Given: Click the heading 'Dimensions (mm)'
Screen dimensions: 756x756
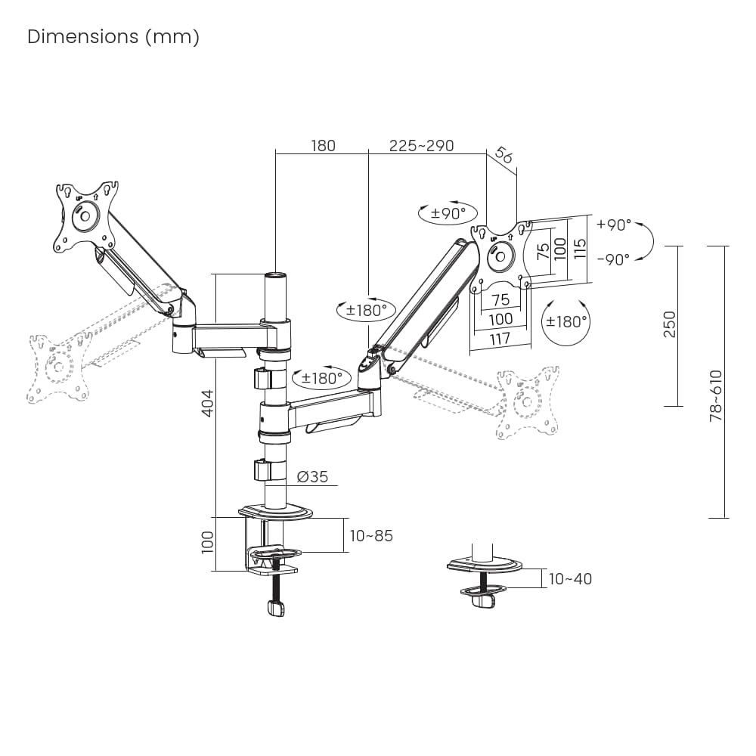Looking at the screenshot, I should click(x=113, y=37).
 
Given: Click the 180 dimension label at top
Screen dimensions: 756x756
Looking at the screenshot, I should click(x=323, y=145).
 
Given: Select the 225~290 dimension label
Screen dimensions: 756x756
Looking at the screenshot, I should click(x=422, y=145).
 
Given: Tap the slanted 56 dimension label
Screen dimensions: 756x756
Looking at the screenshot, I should click(x=503, y=155).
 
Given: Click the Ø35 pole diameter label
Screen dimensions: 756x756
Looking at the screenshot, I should click(x=312, y=477).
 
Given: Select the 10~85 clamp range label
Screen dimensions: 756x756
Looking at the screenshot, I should click(x=371, y=536).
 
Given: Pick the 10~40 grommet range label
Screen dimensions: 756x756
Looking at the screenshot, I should click(x=570, y=579).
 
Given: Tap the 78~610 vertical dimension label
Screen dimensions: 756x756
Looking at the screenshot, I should click(x=716, y=395).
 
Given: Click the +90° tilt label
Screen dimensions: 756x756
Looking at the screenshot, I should click(x=613, y=225).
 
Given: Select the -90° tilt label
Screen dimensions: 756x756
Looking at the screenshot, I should click(x=613, y=259).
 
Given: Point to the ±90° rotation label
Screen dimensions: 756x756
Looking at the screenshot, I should click(x=448, y=213).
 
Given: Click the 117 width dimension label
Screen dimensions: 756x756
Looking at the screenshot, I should click(x=500, y=339).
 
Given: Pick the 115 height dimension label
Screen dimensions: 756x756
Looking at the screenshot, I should click(x=580, y=248).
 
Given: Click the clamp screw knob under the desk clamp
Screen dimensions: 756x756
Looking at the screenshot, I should click(x=276, y=606).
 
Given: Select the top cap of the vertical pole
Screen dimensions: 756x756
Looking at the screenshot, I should click(x=277, y=277).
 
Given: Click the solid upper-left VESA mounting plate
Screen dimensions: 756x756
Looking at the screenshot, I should click(x=85, y=214).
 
